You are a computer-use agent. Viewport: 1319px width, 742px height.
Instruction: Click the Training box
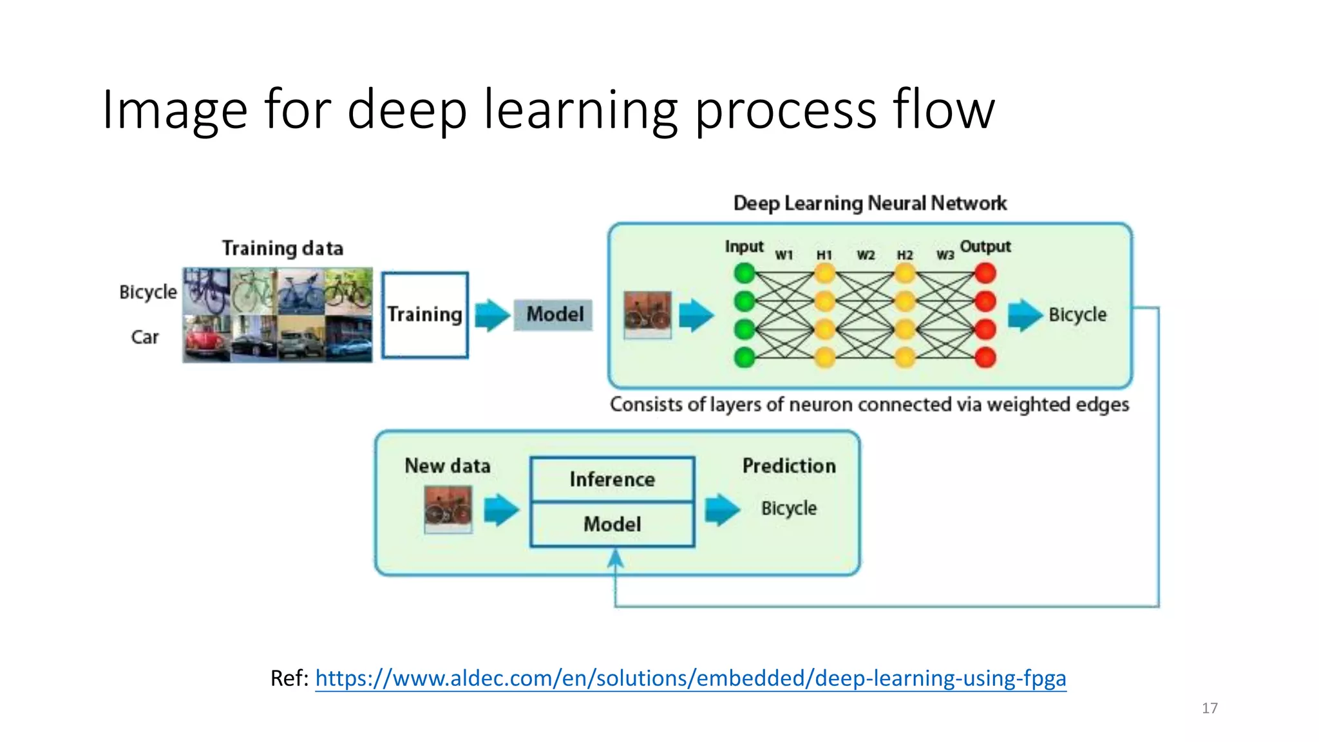point(424,315)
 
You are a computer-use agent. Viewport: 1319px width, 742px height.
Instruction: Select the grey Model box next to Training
point(553,315)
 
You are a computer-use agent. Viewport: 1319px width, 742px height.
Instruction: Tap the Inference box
point(612,480)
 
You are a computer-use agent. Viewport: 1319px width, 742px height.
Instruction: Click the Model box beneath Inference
point(612,524)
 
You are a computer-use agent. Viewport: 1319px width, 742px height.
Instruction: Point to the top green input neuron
point(745,274)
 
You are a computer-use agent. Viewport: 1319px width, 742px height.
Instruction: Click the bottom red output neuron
point(985,357)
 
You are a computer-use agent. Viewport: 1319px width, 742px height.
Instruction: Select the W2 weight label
point(866,255)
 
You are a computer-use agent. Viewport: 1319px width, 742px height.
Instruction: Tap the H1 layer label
point(824,255)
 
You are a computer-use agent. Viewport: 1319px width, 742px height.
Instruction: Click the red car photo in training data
point(206,339)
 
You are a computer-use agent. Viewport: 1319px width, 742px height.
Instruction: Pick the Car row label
point(145,337)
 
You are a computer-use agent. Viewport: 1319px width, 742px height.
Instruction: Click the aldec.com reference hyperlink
point(690,678)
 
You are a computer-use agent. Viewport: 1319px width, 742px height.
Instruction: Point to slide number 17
point(1210,709)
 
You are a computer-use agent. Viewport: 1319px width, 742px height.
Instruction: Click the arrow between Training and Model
point(492,315)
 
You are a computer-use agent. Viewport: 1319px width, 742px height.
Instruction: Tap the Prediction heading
point(789,466)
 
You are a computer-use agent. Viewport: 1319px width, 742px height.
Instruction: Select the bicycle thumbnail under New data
point(448,509)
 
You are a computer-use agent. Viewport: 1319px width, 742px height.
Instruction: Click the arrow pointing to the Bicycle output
point(1025,315)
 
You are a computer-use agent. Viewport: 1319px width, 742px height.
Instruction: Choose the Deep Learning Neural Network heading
point(869,204)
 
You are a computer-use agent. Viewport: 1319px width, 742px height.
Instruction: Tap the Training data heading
point(282,248)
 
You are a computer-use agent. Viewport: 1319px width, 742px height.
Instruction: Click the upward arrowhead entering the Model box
point(616,558)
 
